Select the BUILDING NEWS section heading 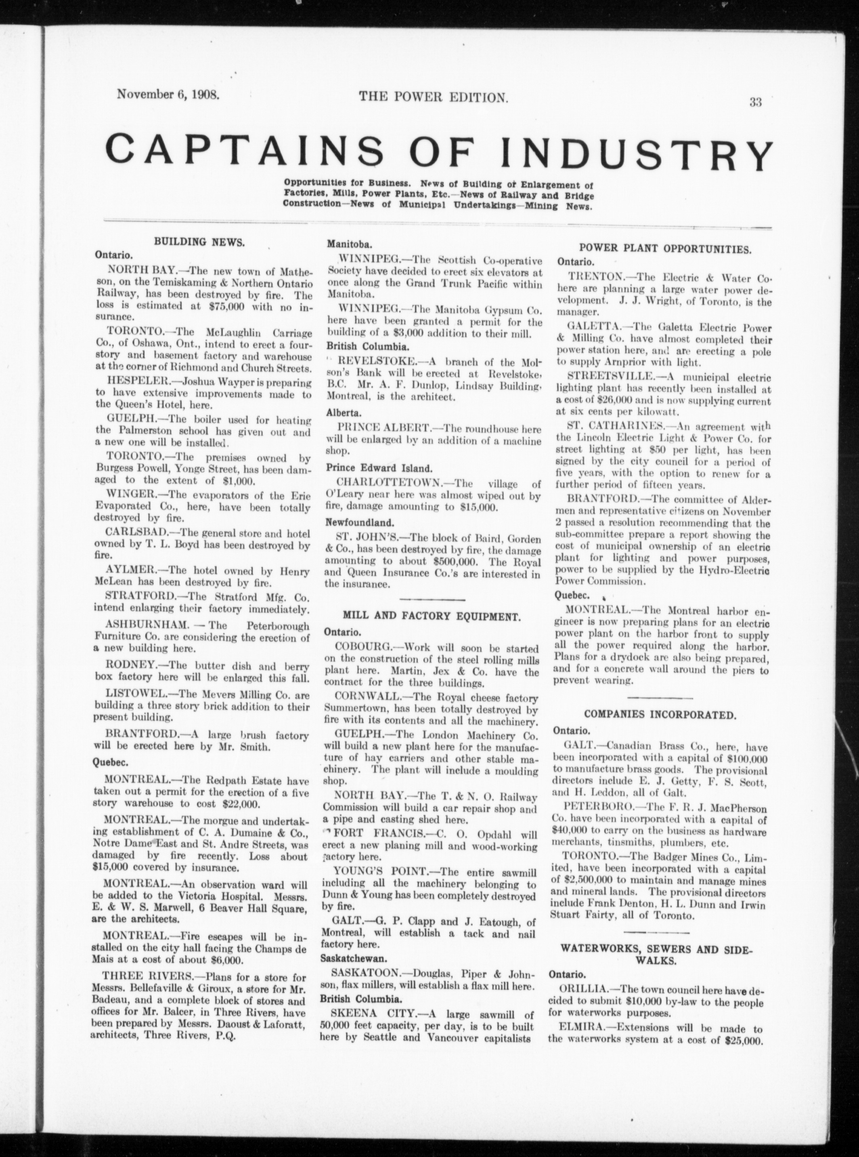click(x=199, y=242)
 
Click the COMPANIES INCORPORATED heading click(x=660, y=715)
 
